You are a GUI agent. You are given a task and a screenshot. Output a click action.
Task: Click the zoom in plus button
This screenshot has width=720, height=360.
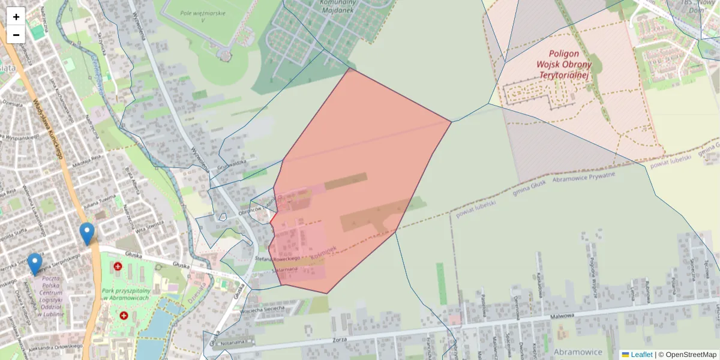(x=16, y=17)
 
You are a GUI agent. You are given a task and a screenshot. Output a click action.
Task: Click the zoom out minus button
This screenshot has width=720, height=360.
(x=16, y=35)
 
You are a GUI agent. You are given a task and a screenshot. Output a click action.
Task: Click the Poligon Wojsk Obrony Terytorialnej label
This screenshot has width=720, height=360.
(x=564, y=64)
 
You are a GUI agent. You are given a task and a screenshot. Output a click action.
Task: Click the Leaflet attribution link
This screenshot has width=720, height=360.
(x=641, y=355)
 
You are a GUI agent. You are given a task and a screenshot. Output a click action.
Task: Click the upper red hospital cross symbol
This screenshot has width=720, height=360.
(x=118, y=266)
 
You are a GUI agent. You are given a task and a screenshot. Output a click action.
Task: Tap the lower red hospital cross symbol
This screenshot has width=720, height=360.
(x=124, y=315)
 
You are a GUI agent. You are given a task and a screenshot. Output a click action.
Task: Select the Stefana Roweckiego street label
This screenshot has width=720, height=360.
(x=277, y=259)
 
